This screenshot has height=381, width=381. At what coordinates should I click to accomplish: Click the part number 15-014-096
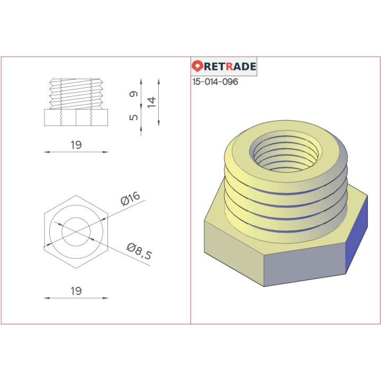point(215,82)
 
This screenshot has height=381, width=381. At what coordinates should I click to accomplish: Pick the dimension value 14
point(152,102)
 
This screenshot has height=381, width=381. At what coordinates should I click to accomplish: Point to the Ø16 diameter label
point(130,198)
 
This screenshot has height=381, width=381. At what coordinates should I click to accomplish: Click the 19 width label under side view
point(76,145)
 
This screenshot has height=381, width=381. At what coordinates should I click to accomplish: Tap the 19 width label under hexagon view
point(76,291)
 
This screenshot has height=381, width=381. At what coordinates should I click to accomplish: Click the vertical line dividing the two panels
point(190,212)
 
